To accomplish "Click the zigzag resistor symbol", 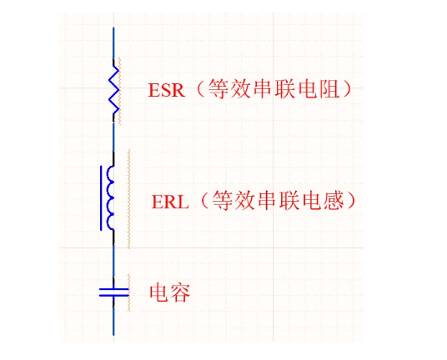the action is pos(113,90).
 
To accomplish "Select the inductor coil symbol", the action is pos(110,197).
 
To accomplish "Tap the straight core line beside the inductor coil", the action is pos(101,198).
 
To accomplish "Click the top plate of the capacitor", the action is pos(113,289).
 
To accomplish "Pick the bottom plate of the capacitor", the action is pos(113,295).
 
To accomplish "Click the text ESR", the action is pos(167,90).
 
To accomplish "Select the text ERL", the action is pos(170,202).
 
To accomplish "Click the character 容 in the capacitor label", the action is pos(180,292).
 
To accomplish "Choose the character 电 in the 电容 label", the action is pos(159,292).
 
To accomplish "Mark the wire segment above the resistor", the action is pos(113,43).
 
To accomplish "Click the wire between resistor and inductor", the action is pos(113,137).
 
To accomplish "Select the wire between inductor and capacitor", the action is pos(113,261).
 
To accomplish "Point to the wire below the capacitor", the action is pos(113,320).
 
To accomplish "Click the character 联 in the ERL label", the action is pos(289,201).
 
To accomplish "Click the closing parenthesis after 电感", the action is pos(352,200).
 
